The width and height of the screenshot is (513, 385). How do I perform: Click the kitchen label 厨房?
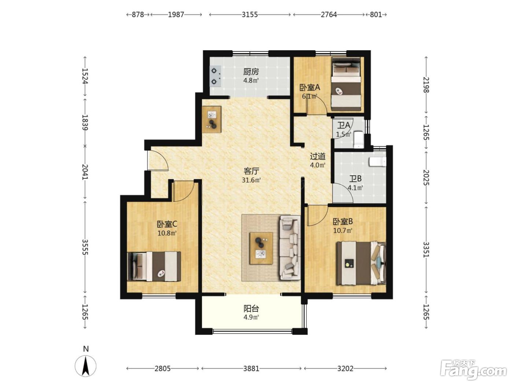tap(251, 71)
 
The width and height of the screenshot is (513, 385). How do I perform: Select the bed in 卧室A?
tap(346, 84)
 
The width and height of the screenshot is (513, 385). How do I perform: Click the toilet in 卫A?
tap(358, 140)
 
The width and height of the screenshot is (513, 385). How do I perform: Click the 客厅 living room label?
tap(251, 171)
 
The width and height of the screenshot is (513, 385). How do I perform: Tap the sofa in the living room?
tap(290, 247)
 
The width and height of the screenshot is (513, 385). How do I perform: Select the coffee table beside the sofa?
tap(261, 248)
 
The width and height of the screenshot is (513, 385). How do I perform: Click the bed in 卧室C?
tap(154, 266)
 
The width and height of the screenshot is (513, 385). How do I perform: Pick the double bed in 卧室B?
tap(361, 263)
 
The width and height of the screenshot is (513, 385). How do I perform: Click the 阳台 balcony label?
tap(251, 309)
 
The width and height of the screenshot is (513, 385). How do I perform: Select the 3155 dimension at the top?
tap(250, 15)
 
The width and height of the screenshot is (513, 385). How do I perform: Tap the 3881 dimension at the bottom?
tap(251, 368)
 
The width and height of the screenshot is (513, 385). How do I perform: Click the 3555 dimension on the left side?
tap(85, 247)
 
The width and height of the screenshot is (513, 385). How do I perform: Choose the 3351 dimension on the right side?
tap(426, 249)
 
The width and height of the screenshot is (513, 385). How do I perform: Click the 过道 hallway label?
tap(318, 156)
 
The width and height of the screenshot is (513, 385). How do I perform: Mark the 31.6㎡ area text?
tap(251, 180)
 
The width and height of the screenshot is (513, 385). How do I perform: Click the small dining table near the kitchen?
tap(212, 120)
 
